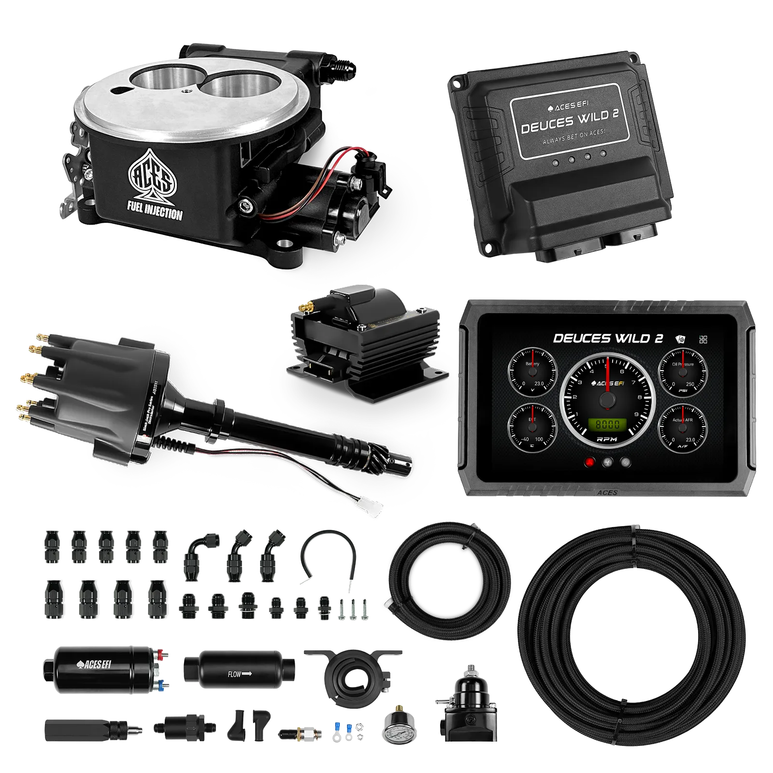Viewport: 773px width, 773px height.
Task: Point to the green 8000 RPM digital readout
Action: tap(607, 425)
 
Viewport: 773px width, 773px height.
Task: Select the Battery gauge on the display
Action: tap(531, 371)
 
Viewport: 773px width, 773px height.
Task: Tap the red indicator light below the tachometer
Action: tap(589, 462)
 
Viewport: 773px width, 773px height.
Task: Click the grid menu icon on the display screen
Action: tap(703, 339)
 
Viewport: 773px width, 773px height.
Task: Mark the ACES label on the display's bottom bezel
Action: tap(607, 492)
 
